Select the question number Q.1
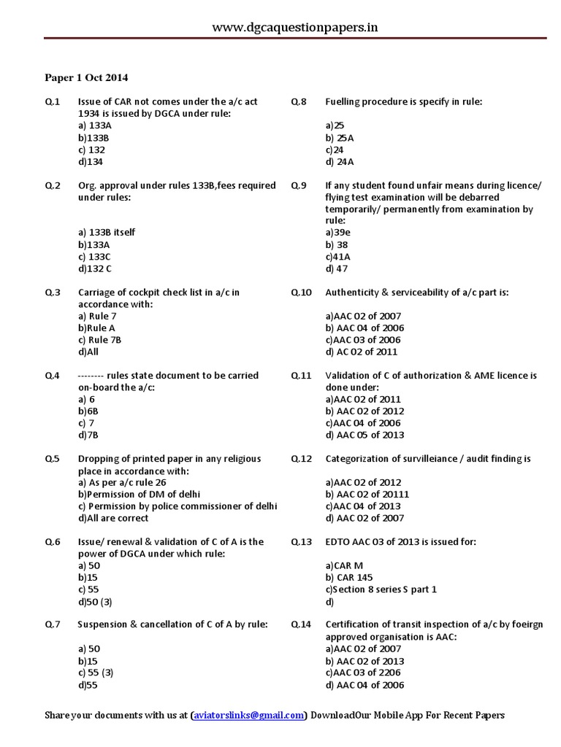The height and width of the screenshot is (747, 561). pos(53,101)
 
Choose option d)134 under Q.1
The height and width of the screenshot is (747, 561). pos(91,161)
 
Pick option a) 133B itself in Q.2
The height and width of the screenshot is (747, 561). pos(106,232)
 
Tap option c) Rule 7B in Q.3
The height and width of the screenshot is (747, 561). pos(101,340)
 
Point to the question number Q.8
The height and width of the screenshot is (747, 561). pos(299,101)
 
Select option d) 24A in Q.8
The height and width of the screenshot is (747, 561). pos(340,161)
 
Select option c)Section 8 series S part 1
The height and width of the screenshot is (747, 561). pos(381,589)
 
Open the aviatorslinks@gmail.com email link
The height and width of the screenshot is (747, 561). pos(248,716)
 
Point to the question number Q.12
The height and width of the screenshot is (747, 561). pos(301,458)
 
